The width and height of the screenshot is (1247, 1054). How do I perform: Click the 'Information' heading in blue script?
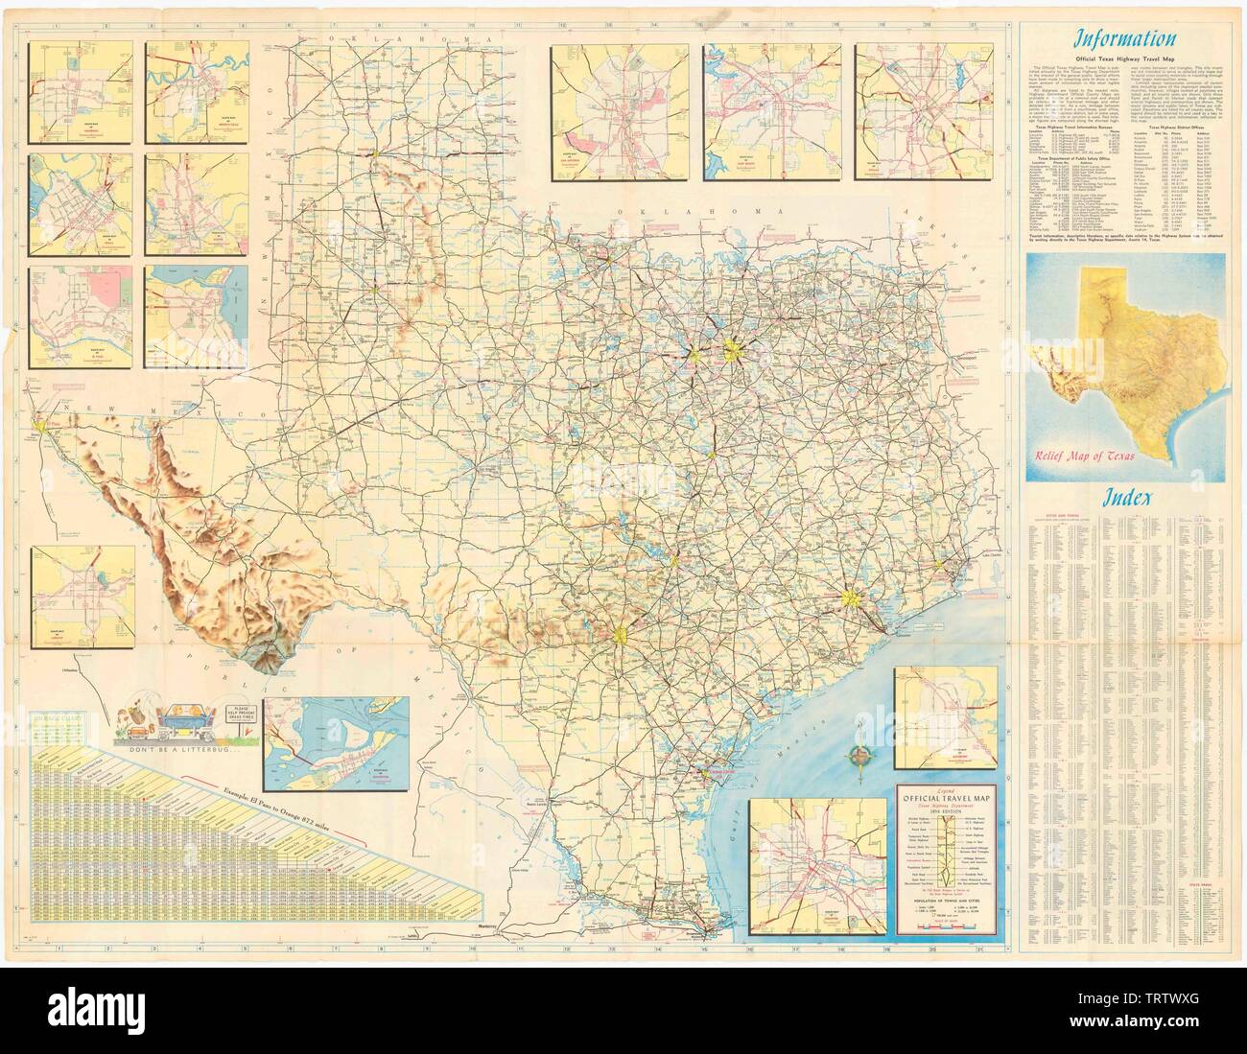(1124, 40)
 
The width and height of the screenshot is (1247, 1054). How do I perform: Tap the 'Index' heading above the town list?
(1125, 498)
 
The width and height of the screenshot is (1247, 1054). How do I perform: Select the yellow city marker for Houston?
(851, 599)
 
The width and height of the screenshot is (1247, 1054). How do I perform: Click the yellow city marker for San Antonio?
(622, 633)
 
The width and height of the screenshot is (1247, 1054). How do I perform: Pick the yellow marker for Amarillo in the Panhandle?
(380, 152)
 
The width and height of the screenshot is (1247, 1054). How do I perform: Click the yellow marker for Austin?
(675, 561)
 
